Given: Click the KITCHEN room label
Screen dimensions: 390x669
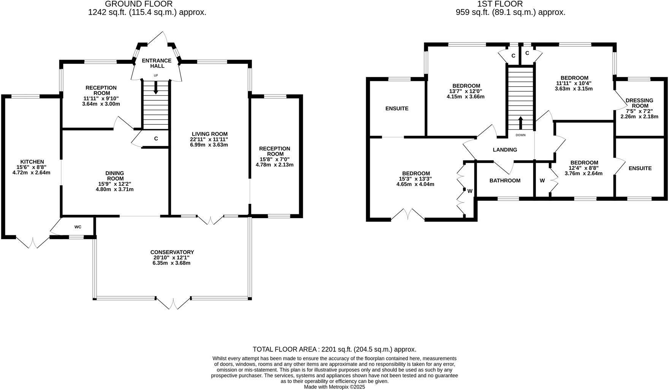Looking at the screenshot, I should [x=32, y=162].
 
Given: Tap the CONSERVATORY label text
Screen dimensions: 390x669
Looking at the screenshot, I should [x=172, y=252].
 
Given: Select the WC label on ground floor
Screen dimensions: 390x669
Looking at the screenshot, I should [x=78, y=227].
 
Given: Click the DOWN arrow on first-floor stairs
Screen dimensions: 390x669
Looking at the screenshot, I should [x=520, y=123].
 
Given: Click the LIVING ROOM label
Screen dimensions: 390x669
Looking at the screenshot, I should [x=209, y=134].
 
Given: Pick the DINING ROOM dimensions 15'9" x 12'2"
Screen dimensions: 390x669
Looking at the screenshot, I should [x=114, y=184].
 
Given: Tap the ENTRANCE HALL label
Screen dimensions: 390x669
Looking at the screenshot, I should [x=157, y=63].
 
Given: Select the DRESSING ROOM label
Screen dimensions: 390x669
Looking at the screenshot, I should [x=639, y=103].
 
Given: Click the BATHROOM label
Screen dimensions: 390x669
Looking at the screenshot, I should [x=505, y=181].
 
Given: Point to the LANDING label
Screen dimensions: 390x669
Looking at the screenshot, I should [x=505, y=150].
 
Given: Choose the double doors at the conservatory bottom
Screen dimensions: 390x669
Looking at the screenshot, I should [x=173, y=303].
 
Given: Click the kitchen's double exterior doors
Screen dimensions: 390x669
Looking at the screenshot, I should [x=33, y=242].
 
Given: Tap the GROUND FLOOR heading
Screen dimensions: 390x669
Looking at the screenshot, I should [x=138, y=4].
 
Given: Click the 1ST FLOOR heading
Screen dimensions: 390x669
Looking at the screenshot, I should [x=500, y=4].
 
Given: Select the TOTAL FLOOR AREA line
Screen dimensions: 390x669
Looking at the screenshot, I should [x=334, y=349].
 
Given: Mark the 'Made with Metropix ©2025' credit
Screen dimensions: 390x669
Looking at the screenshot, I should [x=334, y=387].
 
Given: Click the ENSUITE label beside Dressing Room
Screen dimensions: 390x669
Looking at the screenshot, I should [x=640, y=168].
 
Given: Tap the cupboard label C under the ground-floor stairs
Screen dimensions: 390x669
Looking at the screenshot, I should [x=156, y=139].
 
